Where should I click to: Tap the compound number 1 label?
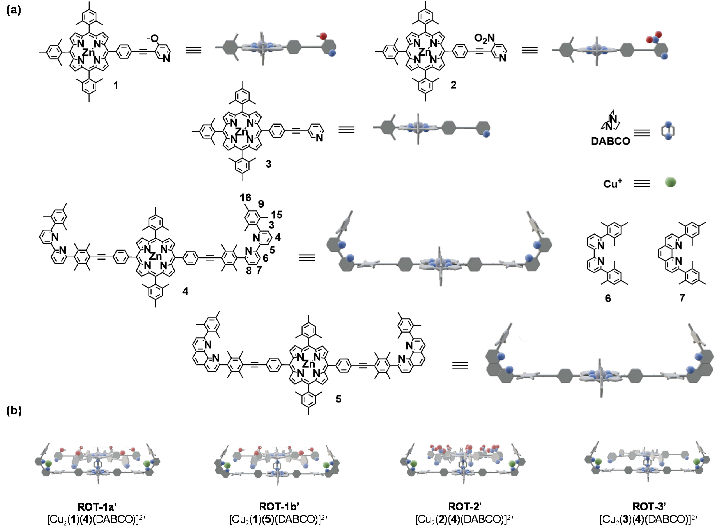click(x=116, y=85)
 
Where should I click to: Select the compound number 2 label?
click(x=453, y=85)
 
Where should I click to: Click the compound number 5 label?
click(x=338, y=399)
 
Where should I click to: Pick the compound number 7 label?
click(x=682, y=298)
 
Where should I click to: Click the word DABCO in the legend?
click(x=610, y=141)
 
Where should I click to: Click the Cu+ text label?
click(x=612, y=184)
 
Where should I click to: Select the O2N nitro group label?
click(x=484, y=38)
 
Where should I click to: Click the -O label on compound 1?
click(x=153, y=38)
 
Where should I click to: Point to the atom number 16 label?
click(x=245, y=198)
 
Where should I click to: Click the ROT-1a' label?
click(x=97, y=507)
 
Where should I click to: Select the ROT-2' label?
click(x=465, y=507)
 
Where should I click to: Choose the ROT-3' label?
click(x=649, y=507)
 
